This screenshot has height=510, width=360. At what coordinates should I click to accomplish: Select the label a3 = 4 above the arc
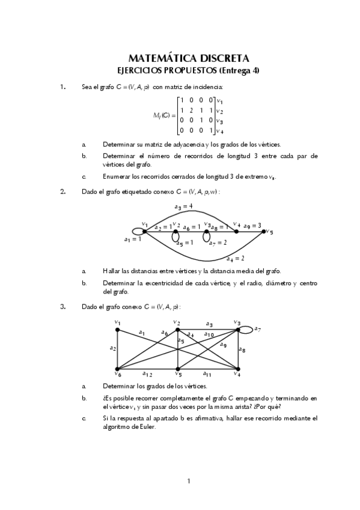pos(183,207)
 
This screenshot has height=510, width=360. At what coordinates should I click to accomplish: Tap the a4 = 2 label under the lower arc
pos(235,259)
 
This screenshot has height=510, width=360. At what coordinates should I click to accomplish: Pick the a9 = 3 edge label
pos(252,226)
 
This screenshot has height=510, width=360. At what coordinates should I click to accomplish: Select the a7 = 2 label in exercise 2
pos(217,242)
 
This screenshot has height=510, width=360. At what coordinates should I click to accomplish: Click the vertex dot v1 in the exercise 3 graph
pos(118,330)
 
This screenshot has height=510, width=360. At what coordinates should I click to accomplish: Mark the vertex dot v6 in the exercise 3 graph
pos(118,368)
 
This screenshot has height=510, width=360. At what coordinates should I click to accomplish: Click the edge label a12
pos(147,374)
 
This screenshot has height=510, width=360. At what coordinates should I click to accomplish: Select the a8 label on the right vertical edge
pos(242,349)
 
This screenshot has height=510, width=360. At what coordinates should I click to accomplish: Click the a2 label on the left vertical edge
pos(112,348)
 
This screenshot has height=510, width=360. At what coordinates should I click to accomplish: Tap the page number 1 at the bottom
pos(188,481)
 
